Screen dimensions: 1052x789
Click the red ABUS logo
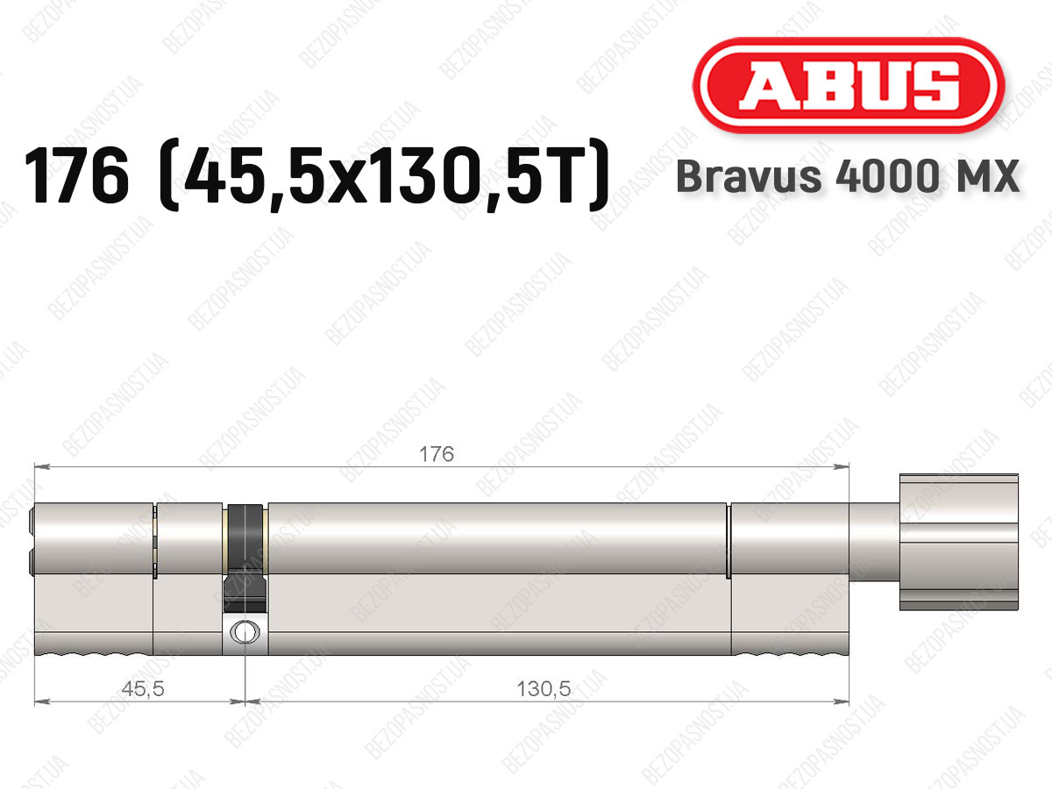tap(849, 85)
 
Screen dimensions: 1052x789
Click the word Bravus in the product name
tap(749, 176)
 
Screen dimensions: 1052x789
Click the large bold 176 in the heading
tap(76, 175)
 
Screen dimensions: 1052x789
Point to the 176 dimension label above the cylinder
tap(436, 453)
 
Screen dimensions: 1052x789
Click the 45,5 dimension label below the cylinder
tap(143, 689)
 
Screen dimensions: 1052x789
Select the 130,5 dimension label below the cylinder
tap(544, 689)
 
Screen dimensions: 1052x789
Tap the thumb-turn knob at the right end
tap(958, 542)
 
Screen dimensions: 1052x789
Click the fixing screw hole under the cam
tap(245, 632)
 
